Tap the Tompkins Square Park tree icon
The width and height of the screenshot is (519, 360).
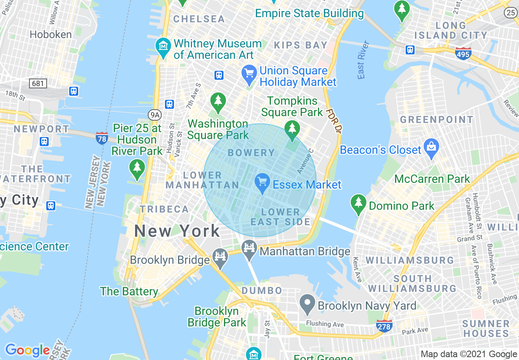292,128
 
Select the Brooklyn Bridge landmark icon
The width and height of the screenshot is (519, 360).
221,257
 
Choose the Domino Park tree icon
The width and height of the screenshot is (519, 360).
359,202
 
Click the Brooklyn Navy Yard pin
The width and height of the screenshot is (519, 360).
307,303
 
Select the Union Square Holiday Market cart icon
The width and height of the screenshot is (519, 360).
249,74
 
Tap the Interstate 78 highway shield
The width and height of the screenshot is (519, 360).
102,137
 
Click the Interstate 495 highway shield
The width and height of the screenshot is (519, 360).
463,53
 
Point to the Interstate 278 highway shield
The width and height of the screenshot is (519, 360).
384,325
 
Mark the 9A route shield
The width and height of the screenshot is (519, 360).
154,115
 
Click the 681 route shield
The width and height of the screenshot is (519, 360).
38,83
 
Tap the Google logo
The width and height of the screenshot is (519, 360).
27,350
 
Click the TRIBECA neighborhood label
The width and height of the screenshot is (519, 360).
165,209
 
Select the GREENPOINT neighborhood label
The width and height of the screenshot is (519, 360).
436,120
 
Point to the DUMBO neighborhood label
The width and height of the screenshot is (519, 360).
262,290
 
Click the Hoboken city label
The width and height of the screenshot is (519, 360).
51,34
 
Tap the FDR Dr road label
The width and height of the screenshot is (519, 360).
334,121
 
